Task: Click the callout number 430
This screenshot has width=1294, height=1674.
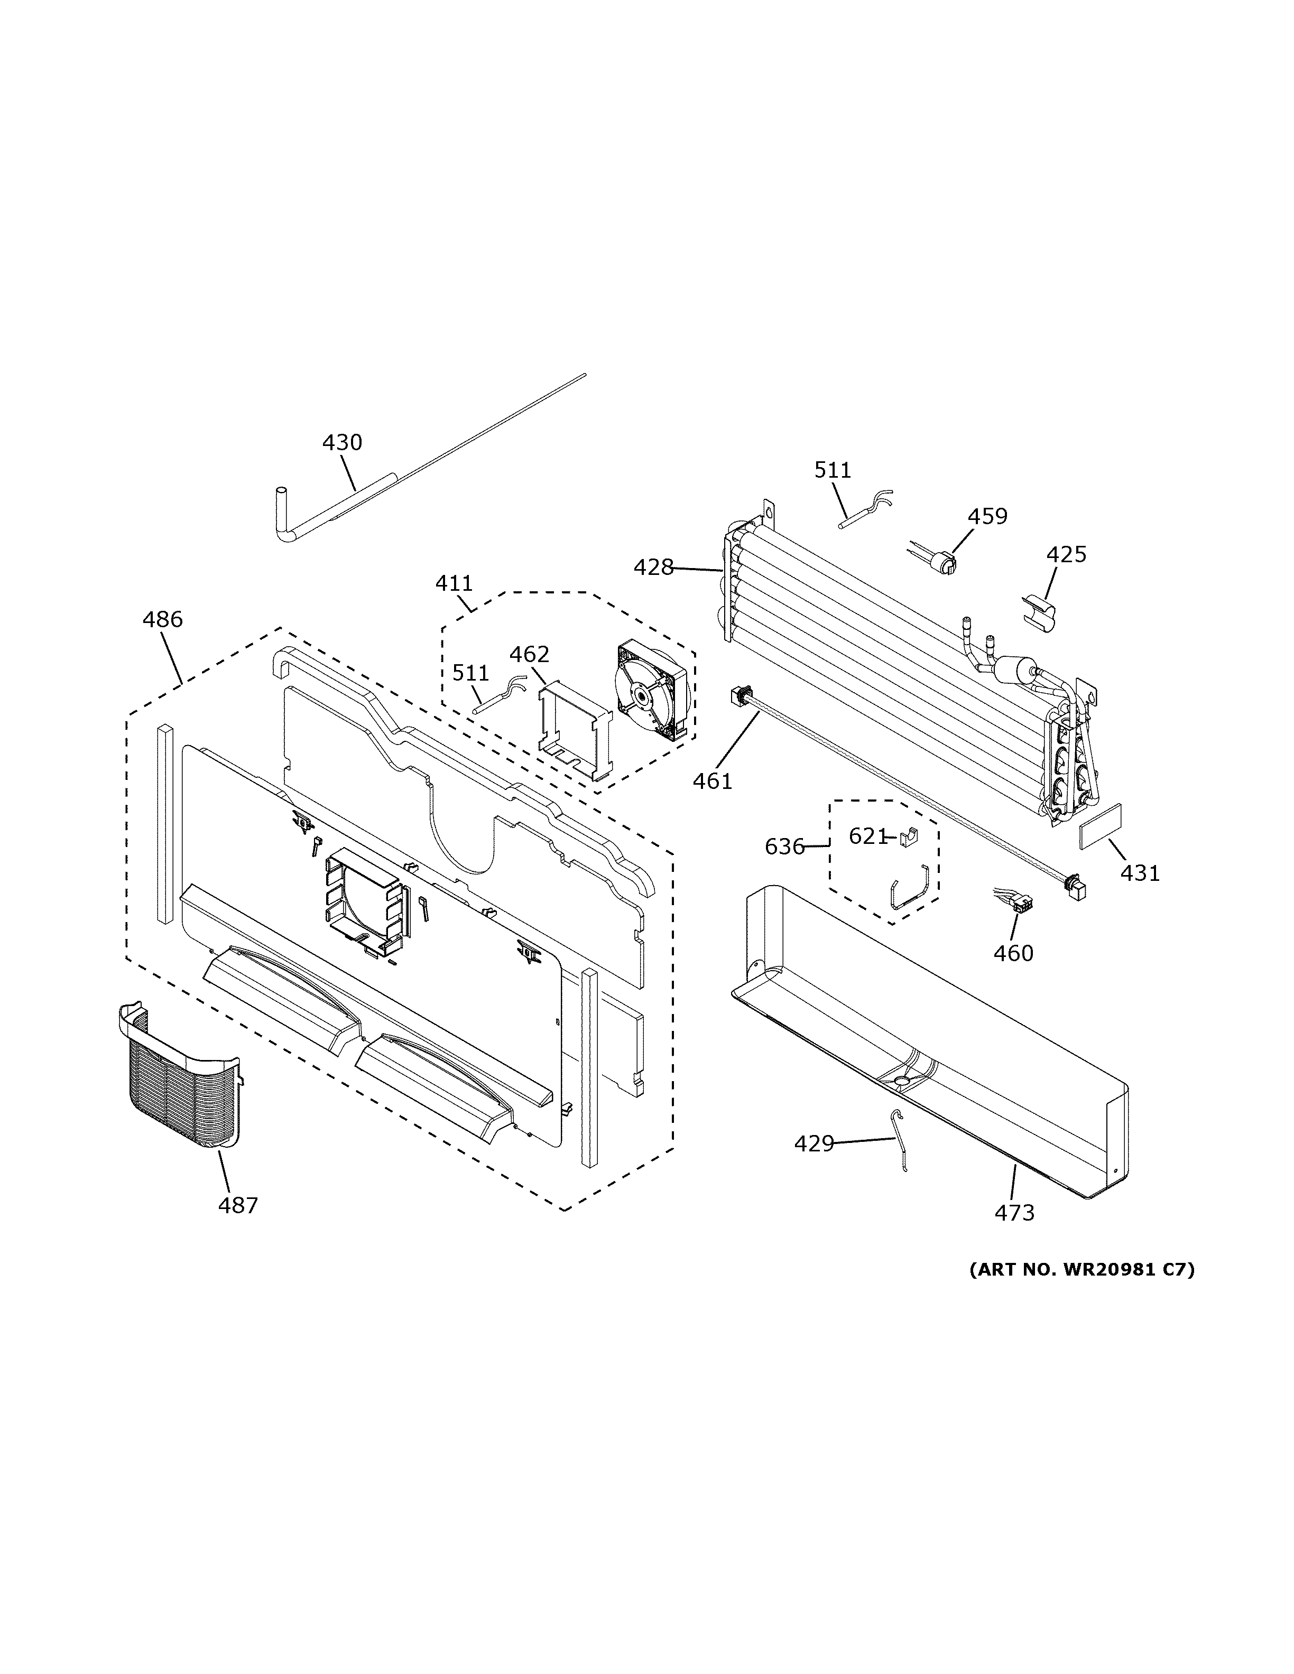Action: pyautogui.click(x=342, y=442)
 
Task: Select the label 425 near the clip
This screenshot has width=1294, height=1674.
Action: pyautogui.click(x=1066, y=554)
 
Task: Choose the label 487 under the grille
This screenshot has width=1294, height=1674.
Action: pyautogui.click(x=238, y=1206)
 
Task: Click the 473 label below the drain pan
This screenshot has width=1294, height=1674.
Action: pyautogui.click(x=1014, y=1213)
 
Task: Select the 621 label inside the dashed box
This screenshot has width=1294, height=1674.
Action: pyautogui.click(x=867, y=836)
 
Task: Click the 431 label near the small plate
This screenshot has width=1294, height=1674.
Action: pyautogui.click(x=1140, y=872)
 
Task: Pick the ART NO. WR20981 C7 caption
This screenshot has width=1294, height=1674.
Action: pyautogui.click(x=1082, y=1270)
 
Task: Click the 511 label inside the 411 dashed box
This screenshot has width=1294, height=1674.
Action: pyautogui.click(x=470, y=673)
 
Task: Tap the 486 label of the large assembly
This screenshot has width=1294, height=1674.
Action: pyautogui.click(x=162, y=619)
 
